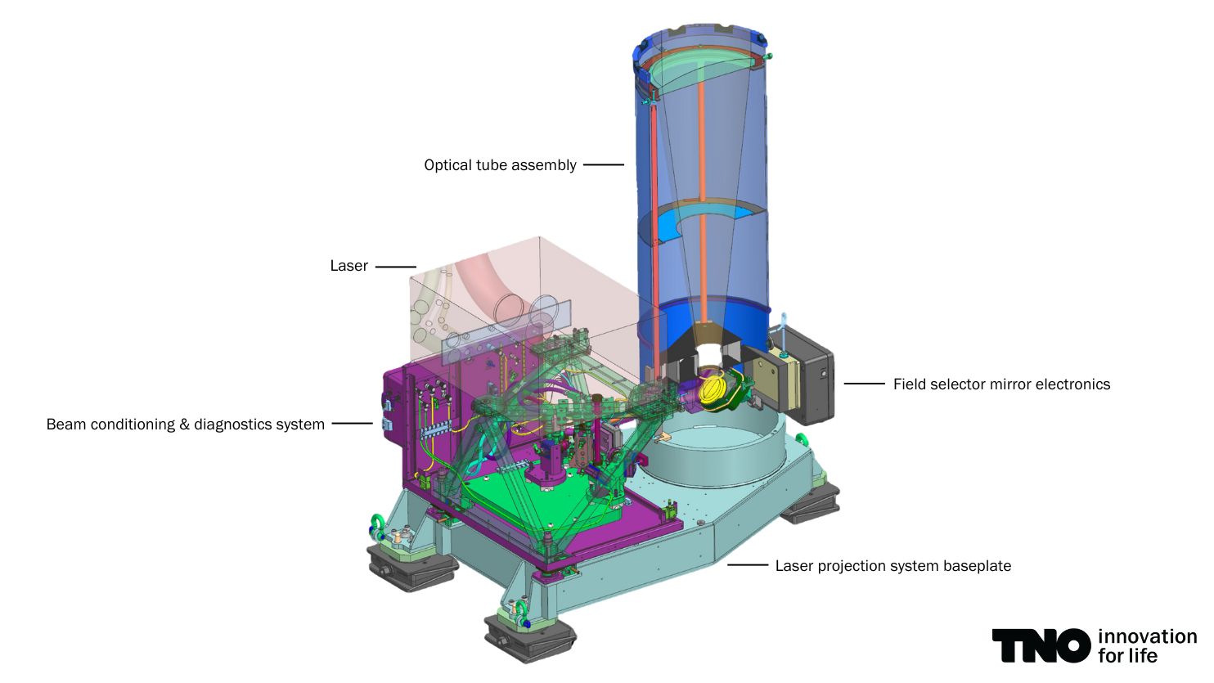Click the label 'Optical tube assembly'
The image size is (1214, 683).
coord(500,164)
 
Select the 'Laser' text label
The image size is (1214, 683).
coord(349,266)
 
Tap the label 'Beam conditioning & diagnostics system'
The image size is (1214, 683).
coord(186,424)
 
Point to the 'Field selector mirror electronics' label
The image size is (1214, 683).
coord(1001,384)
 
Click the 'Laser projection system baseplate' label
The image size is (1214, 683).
coord(893,565)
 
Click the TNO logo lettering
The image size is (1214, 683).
coord(1041,645)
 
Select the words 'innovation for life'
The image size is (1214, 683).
coord(1148,645)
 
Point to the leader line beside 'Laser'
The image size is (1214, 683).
coord(396,267)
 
